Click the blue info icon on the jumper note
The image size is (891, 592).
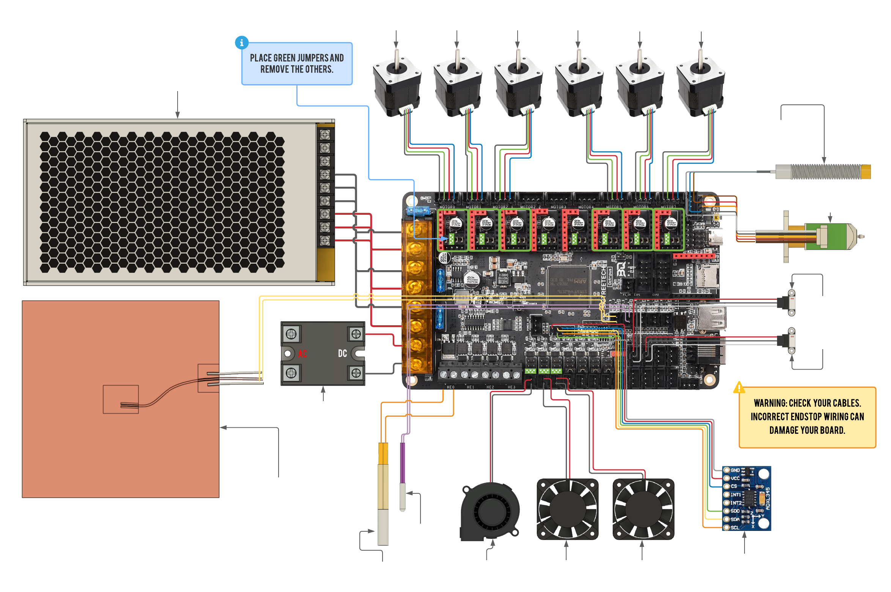(242, 43)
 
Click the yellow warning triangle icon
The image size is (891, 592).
(739, 388)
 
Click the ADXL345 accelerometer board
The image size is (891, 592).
(746, 498)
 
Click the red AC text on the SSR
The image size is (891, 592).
(302, 354)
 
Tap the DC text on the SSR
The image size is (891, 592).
(342, 354)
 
